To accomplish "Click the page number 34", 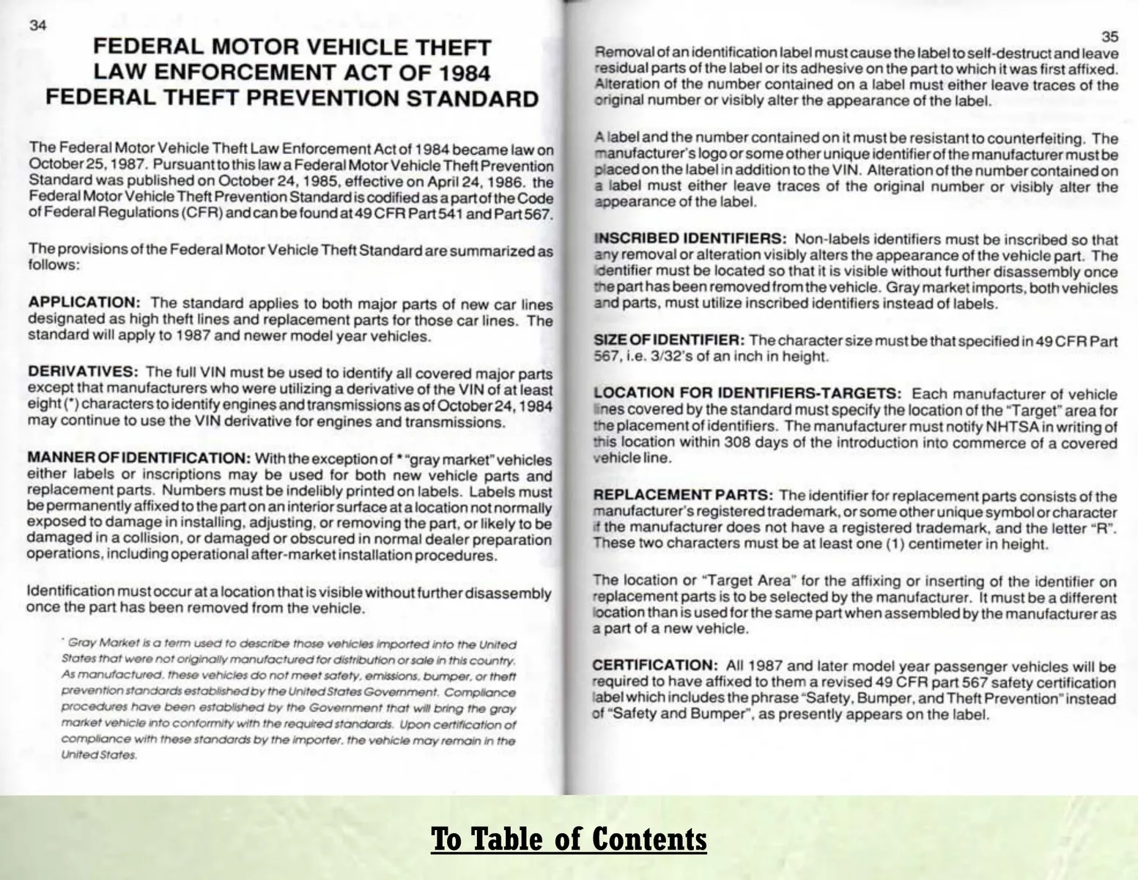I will click(38, 25).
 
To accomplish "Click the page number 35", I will click(1109, 37).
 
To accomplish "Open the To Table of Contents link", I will click(569, 838).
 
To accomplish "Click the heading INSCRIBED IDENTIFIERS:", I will click(690, 239).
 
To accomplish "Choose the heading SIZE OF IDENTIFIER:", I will click(668, 340).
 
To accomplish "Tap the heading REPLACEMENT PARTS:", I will click(683, 496).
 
